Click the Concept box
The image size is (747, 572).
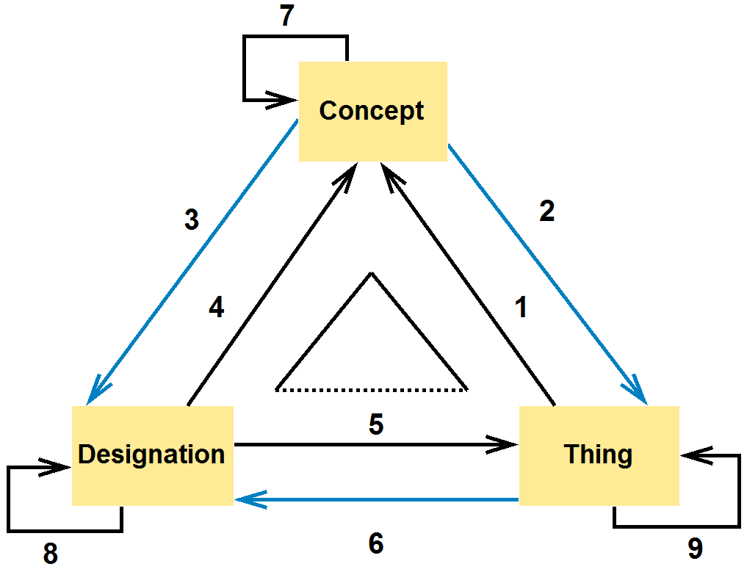coord(372,111)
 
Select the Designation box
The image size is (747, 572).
coord(152,455)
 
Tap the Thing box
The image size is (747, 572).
coord(599,455)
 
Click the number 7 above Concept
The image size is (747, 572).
coord(287,17)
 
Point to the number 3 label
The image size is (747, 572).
coord(192,220)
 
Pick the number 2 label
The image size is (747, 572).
coord(546,211)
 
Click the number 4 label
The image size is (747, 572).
coord(216,308)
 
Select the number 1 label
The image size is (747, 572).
coord(522,308)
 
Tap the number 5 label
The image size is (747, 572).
coord(376,425)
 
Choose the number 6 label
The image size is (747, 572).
coord(376,544)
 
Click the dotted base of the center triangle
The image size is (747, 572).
coord(372,389)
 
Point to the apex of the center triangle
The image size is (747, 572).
coord(372,274)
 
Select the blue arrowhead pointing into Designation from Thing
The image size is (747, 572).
coord(244,501)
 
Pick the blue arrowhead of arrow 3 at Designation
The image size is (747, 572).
coord(93,395)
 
